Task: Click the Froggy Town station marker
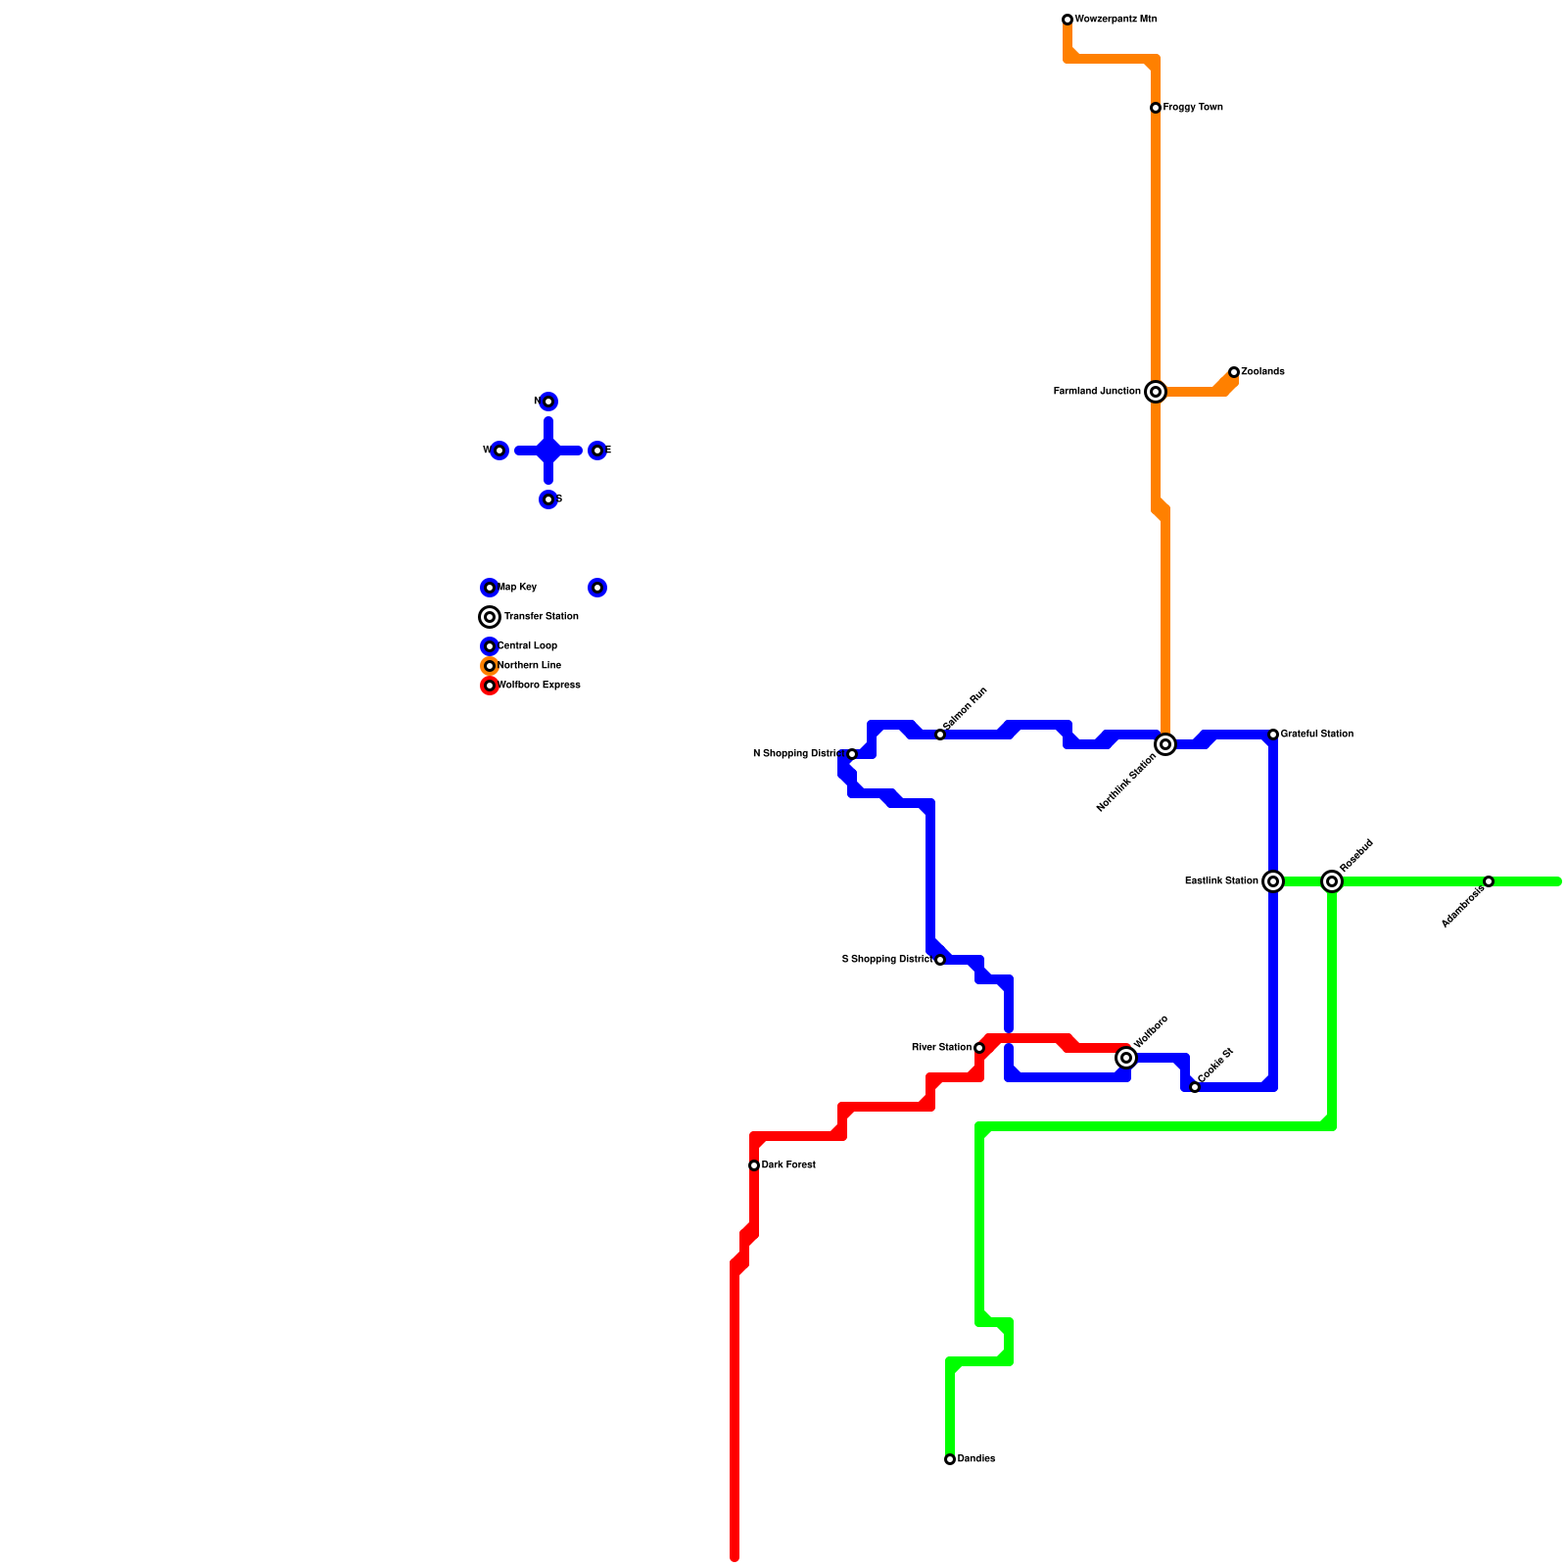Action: [x=1156, y=108]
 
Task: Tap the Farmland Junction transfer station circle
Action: [x=1156, y=392]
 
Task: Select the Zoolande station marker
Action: [x=1234, y=372]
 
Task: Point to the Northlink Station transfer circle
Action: [x=1165, y=744]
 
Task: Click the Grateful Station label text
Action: [x=1316, y=735]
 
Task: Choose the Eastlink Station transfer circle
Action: [x=1273, y=881]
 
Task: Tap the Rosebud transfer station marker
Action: [x=1332, y=881]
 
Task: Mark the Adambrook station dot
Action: [x=1489, y=881]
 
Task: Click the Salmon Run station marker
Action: [x=940, y=735]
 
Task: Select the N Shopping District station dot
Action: [x=852, y=754]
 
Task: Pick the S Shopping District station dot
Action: [x=940, y=960]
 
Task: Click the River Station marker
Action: [x=979, y=1048]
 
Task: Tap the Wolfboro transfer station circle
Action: [x=1126, y=1058]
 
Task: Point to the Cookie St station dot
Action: [x=1195, y=1087]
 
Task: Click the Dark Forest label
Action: [x=788, y=1165]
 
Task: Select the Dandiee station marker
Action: [x=950, y=1459]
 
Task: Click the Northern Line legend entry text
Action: [x=529, y=666]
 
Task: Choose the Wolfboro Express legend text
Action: [x=539, y=686]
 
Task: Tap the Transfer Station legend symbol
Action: [x=490, y=617]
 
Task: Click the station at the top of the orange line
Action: [x=1068, y=20]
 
